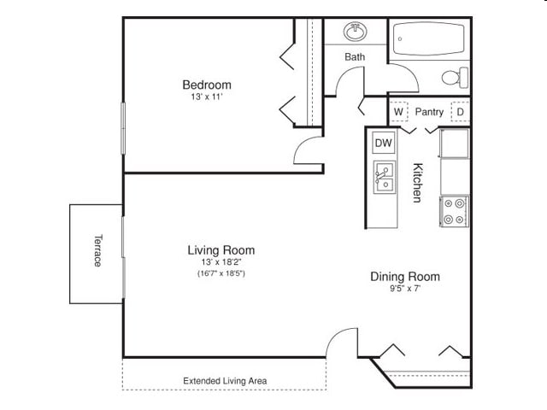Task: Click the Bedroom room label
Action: coord(206,85)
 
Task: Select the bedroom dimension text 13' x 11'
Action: coord(206,97)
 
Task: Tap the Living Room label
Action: coord(221,250)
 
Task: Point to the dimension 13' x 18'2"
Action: coord(221,262)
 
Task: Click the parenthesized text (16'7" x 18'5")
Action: coord(221,273)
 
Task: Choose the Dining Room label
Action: coord(404,276)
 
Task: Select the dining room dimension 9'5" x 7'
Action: coord(404,289)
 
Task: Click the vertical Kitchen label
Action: coord(417,183)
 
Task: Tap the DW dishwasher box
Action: coord(384,143)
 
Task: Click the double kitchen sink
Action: coord(384,177)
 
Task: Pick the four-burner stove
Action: coord(454,211)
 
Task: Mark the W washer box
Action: coord(398,112)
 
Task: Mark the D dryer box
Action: coord(460,112)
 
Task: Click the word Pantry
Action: coord(429,112)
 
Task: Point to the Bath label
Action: coord(355,57)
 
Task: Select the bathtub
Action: coord(428,38)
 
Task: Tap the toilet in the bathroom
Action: coord(455,78)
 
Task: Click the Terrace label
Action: coord(97,251)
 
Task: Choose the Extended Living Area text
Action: coord(224,381)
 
